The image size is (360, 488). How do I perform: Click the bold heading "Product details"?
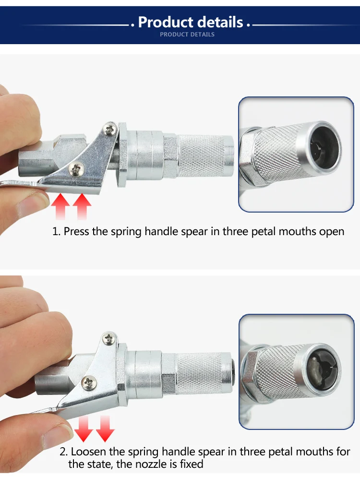[190, 22]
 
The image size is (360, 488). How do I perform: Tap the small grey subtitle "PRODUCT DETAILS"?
[187, 35]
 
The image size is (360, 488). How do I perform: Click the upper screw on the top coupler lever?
[110, 129]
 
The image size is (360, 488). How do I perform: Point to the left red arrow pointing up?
[60, 206]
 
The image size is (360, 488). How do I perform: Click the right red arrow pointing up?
[82, 206]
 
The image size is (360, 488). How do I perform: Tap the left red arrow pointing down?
[84, 429]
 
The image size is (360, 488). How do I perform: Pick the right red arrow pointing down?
[105, 429]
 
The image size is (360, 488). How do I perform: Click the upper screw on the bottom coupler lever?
[109, 338]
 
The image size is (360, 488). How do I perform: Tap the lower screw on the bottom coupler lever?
[89, 382]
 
